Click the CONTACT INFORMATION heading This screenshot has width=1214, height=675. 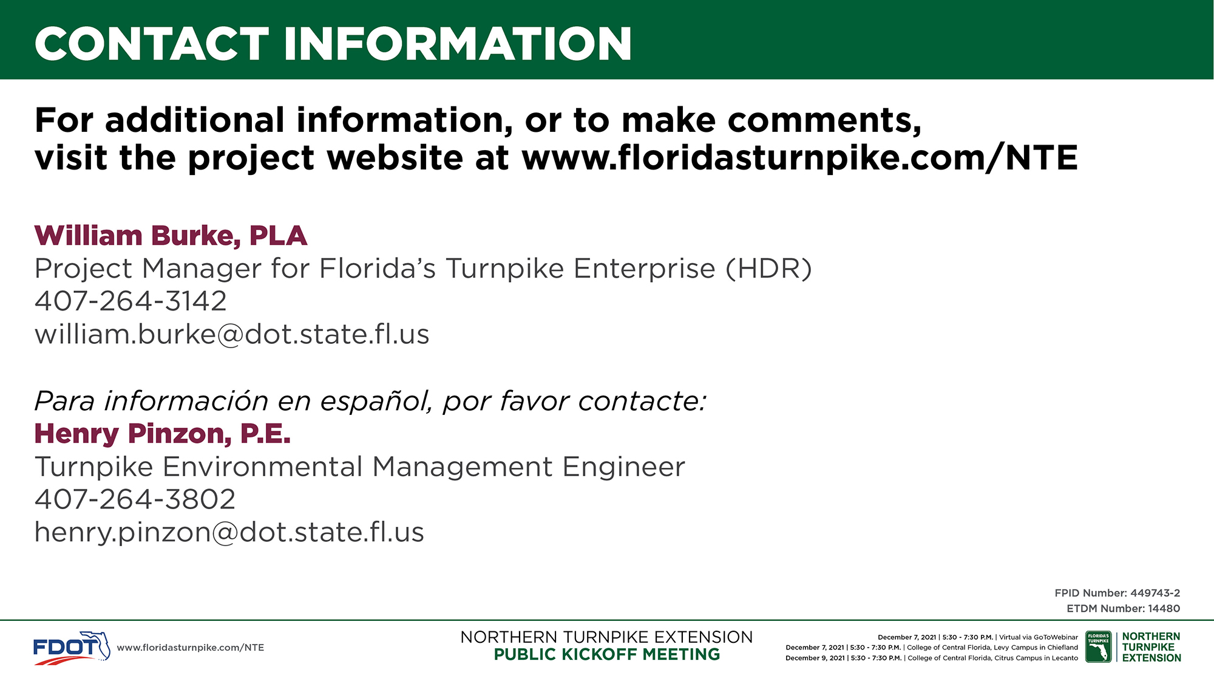[333, 44]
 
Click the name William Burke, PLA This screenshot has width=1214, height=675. [171, 236]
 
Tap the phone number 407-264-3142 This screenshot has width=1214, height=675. [131, 301]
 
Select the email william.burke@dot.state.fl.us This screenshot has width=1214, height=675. [232, 334]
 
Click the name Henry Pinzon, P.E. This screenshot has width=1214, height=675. [163, 434]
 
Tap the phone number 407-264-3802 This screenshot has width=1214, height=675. [135, 499]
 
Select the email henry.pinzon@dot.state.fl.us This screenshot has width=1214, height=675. [229, 532]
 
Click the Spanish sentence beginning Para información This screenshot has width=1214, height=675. [370, 401]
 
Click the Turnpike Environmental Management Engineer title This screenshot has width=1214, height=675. [360, 467]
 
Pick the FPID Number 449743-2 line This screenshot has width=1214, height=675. [1117, 593]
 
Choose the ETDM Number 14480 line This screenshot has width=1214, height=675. [1124, 608]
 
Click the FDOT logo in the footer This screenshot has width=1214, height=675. [72, 648]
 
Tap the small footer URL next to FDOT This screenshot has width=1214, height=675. [191, 648]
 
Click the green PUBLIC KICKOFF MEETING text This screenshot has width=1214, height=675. [607, 654]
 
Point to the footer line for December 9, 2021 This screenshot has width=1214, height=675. [932, 658]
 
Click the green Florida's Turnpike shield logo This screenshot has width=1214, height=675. [1098, 647]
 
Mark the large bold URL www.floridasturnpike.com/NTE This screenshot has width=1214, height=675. [799, 158]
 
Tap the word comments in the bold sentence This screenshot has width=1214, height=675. [824, 120]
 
